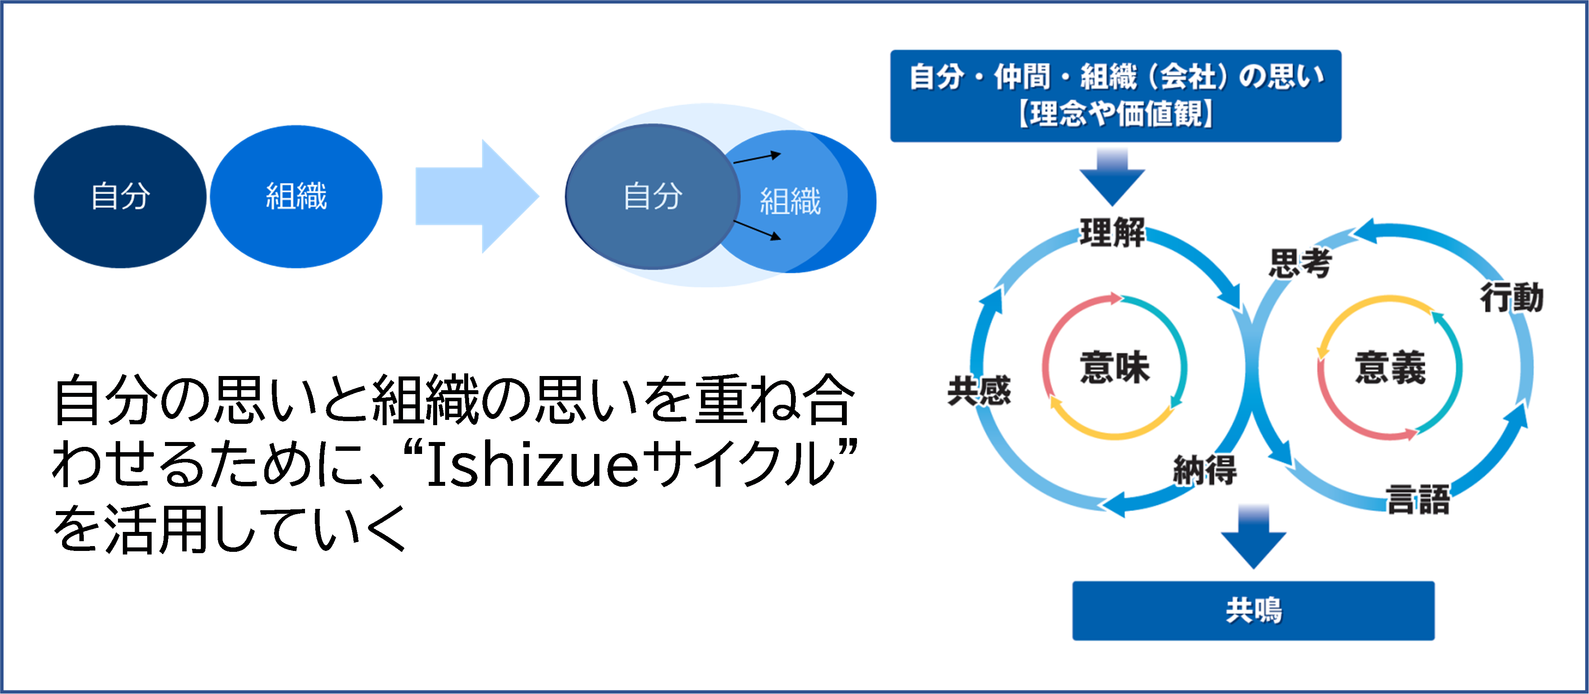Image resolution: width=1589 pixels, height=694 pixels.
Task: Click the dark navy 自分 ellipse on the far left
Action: click(120, 197)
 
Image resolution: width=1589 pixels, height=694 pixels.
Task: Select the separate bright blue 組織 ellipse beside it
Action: click(296, 197)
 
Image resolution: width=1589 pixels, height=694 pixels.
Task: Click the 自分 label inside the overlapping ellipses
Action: click(653, 197)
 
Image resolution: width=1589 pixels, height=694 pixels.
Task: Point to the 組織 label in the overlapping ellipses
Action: click(790, 202)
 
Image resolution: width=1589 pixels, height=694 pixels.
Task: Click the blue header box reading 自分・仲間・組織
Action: click(1115, 96)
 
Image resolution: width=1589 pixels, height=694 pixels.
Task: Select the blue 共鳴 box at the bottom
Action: click(1253, 611)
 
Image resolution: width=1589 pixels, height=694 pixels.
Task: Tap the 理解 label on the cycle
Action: click(1112, 233)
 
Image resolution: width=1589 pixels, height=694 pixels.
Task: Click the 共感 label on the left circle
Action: click(979, 391)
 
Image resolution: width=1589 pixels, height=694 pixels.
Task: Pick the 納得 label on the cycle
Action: click(1205, 470)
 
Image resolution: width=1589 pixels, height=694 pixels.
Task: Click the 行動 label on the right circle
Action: click(1512, 298)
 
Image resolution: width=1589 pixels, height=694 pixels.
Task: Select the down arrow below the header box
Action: click(1112, 178)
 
